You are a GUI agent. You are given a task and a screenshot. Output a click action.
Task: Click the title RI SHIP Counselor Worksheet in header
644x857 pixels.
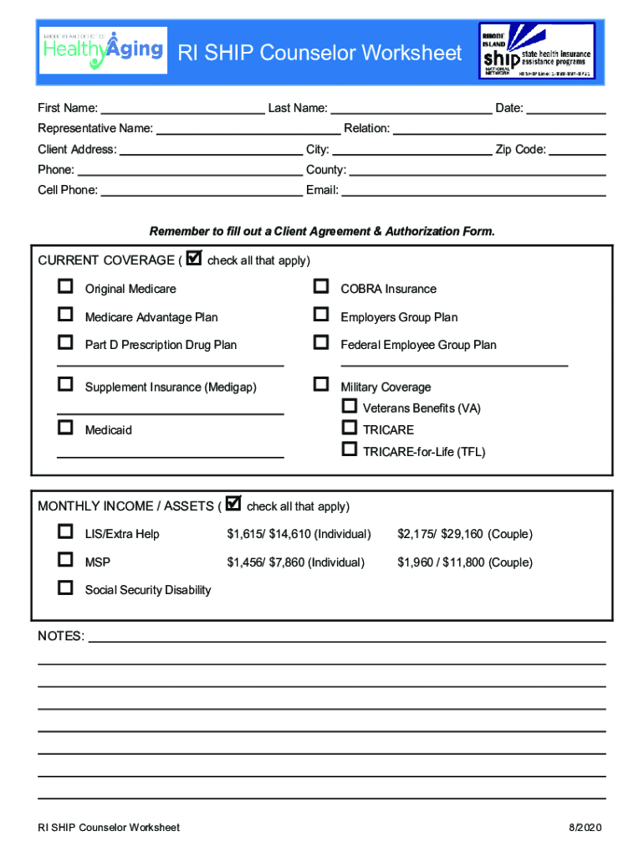click(320, 54)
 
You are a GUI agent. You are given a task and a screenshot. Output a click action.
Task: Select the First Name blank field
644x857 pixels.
click(181, 108)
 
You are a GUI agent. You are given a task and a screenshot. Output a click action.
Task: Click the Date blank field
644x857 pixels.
click(565, 108)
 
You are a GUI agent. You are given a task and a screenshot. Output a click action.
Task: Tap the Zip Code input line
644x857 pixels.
click(577, 150)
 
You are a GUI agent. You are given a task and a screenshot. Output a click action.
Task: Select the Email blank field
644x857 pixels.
click(473, 190)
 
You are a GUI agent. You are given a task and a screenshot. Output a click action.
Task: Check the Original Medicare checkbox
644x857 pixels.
click(65, 287)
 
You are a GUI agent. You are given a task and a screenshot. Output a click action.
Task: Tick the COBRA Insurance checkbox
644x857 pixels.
click(320, 287)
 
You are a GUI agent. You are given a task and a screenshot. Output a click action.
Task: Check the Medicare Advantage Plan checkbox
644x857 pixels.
click(65, 315)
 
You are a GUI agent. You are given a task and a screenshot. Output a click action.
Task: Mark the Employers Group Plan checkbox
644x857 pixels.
click(320, 315)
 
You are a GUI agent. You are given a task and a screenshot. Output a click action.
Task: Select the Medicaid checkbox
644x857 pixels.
click(65, 428)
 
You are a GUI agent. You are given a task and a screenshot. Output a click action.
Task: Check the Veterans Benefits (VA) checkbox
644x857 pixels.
click(350, 406)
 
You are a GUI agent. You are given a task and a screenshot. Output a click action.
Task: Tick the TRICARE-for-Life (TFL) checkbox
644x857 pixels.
click(350, 449)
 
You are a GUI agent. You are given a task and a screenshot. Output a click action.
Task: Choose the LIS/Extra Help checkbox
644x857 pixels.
click(65, 532)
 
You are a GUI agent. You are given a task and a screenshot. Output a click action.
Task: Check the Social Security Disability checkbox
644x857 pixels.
click(65, 588)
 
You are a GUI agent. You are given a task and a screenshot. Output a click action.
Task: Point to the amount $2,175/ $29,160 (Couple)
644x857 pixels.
click(464, 534)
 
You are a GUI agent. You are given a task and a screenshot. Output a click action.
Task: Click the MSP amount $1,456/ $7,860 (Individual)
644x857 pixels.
click(295, 562)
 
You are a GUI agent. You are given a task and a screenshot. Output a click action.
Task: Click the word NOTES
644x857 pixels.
click(61, 636)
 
